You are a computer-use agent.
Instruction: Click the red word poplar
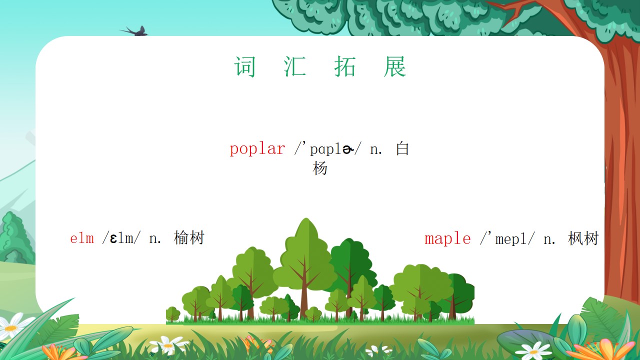(x=257, y=149)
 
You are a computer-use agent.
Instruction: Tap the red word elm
(x=82, y=238)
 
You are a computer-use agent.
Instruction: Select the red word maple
(x=447, y=239)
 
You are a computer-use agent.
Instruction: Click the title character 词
(x=244, y=66)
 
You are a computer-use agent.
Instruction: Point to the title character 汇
(x=294, y=66)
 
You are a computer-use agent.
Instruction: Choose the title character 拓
(x=345, y=66)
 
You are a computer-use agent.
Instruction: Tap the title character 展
(x=395, y=66)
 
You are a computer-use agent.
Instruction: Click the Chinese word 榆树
(x=189, y=238)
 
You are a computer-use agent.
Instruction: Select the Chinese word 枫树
(x=583, y=238)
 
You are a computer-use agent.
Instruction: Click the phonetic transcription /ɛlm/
(x=121, y=238)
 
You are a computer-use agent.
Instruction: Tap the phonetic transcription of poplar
(x=327, y=149)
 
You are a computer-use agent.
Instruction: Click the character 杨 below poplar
(x=320, y=168)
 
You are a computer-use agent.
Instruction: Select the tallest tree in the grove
(x=305, y=268)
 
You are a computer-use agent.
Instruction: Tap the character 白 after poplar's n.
(x=402, y=148)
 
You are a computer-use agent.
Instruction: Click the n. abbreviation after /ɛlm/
(x=154, y=239)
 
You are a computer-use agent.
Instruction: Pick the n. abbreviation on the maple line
(x=549, y=239)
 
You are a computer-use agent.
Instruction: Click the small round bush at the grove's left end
(x=173, y=314)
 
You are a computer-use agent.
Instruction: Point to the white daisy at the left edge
(x=11, y=326)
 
